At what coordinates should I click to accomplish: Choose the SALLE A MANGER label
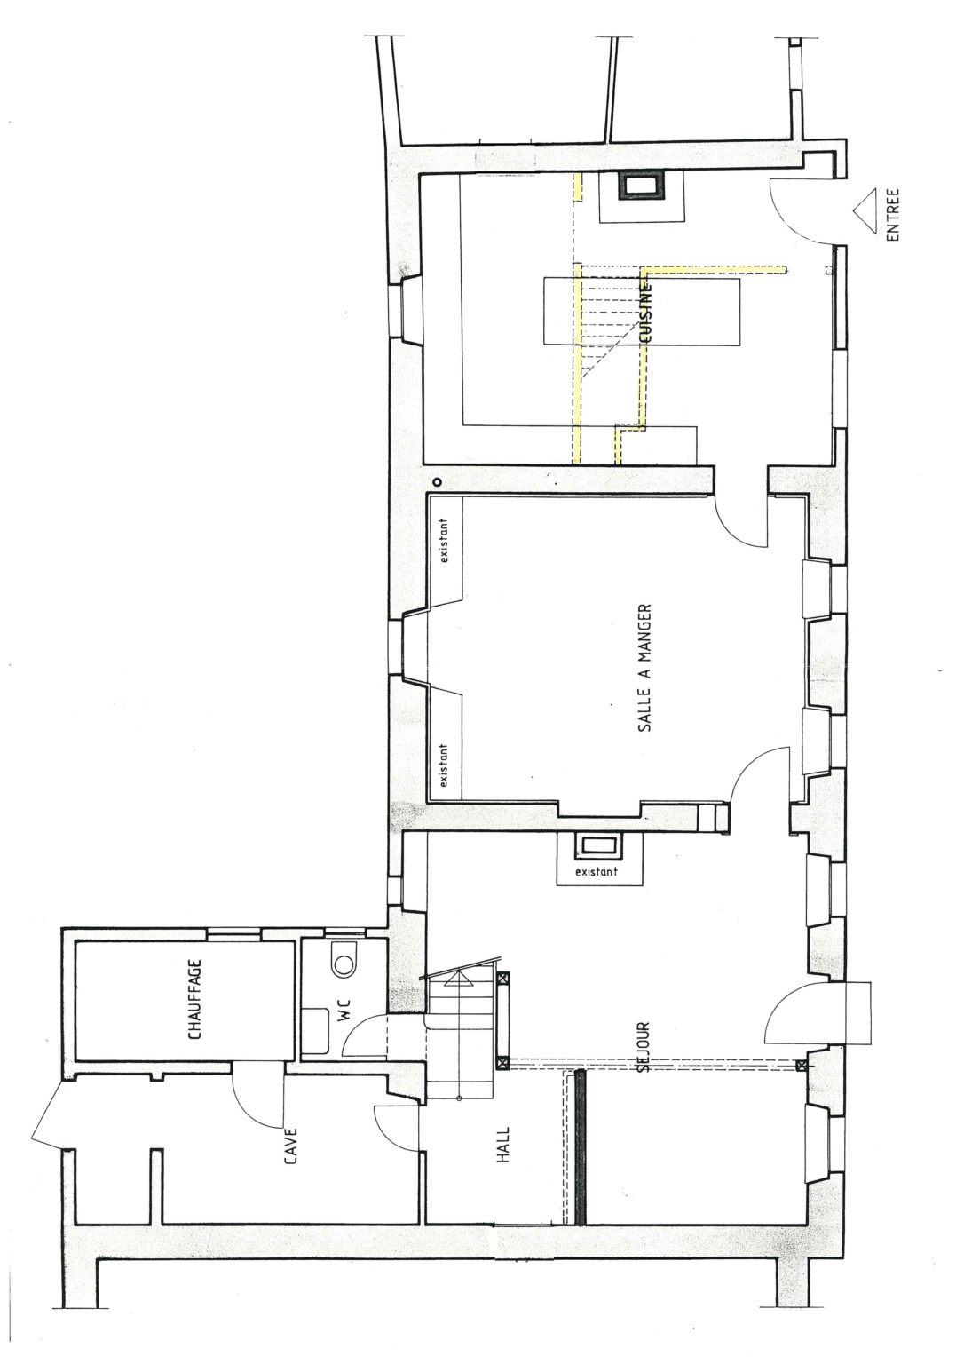645,669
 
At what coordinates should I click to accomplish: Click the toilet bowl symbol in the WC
344,961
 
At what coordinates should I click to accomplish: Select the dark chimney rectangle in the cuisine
640,186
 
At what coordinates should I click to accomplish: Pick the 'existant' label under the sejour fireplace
596,873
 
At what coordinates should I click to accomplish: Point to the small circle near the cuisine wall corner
437,482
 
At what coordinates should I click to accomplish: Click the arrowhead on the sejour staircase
461,980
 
